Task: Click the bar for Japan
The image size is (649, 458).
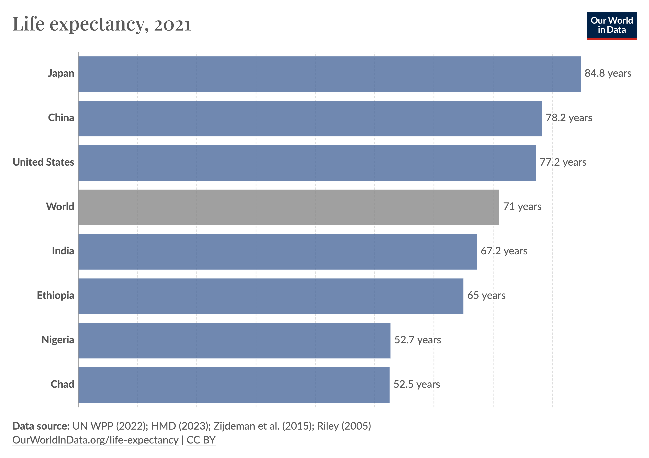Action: pyautogui.click(x=329, y=74)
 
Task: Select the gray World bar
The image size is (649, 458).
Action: pyautogui.click(x=288, y=207)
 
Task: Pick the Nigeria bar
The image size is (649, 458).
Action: pyautogui.click(x=234, y=341)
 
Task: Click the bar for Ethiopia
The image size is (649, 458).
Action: pyautogui.click(x=270, y=296)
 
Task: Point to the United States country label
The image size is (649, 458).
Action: pyautogui.click(x=44, y=162)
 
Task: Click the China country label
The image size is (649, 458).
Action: pyautogui.click(x=61, y=118)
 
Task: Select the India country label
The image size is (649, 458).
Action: pyautogui.click(x=63, y=251)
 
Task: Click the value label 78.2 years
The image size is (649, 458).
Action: pyautogui.click(x=569, y=118)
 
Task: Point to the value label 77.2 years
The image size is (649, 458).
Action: pyautogui.click(x=563, y=162)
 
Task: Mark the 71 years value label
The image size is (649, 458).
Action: pyautogui.click(x=522, y=206)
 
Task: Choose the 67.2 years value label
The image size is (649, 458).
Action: pyautogui.click(x=504, y=251)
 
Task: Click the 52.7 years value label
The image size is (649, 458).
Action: pyautogui.click(x=417, y=340)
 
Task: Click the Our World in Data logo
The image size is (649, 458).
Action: pyautogui.click(x=611, y=25)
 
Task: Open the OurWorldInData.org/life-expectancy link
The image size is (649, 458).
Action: pyautogui.click(x=95, y=440)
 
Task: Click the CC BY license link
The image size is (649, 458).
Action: pyautogui.click(x=201, y=440)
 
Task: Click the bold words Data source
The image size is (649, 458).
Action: pyautogui.click(x=41, y=426)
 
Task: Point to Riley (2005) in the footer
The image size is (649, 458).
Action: pyautogui.click(x=344, y=426)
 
